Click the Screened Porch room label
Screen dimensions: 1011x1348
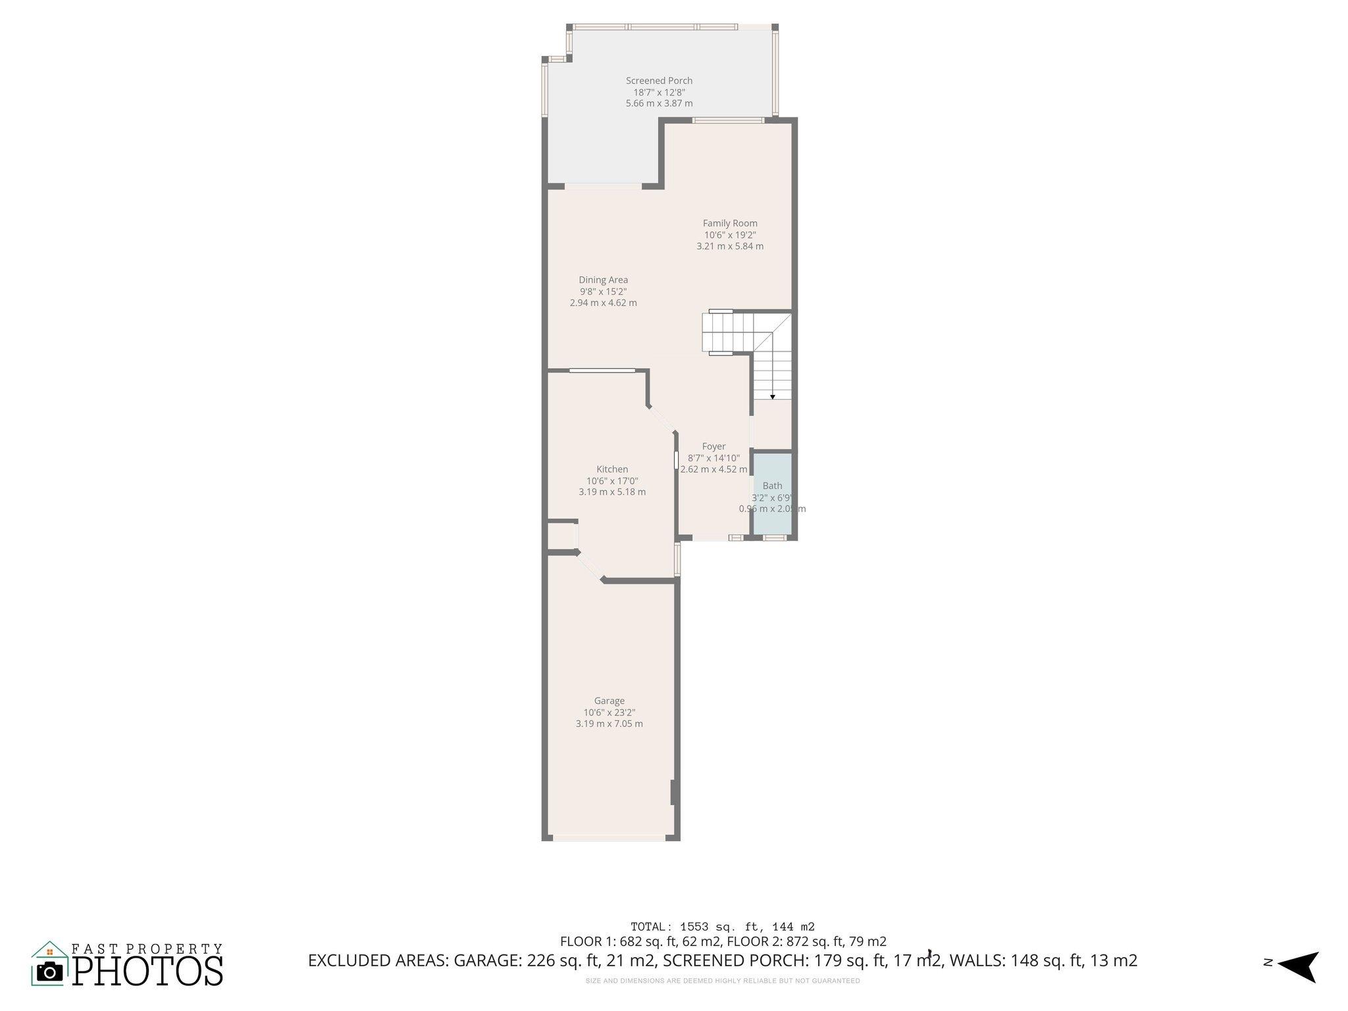(659, 81)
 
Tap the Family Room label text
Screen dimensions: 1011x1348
(730, 223)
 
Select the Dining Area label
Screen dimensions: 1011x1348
(603, 280)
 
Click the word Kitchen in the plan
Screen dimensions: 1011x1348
(612, 469)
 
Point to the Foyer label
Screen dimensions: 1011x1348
(713, 446)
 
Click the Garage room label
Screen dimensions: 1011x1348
(609, 701)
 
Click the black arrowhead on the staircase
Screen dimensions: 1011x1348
(772, 397)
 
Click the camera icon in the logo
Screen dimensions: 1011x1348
(49, 972)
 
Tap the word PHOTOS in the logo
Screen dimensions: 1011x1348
(147, 971)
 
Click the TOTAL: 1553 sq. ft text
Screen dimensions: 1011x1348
(722, 927)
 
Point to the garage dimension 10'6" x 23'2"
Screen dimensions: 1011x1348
(609, 712)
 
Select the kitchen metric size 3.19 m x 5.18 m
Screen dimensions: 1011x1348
(612, 492)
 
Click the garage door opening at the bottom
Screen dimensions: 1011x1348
(609, 838)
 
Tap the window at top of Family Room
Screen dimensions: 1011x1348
(728, 120)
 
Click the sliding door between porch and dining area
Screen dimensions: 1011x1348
(603, 186)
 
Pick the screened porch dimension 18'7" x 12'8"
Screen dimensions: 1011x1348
(659, 92)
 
